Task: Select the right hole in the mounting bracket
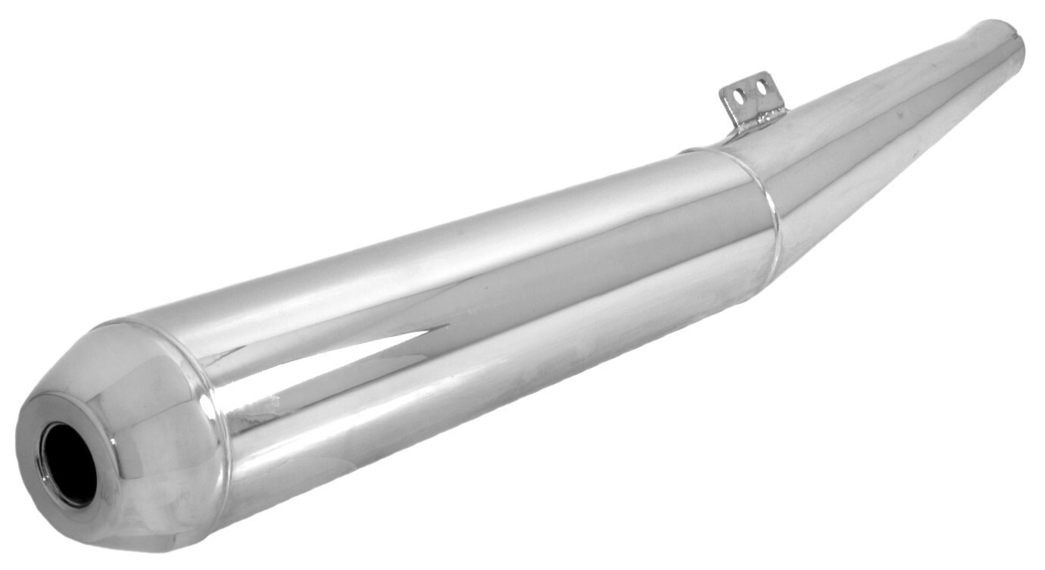coord(760,88)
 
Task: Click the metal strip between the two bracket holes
coord(749,91)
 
